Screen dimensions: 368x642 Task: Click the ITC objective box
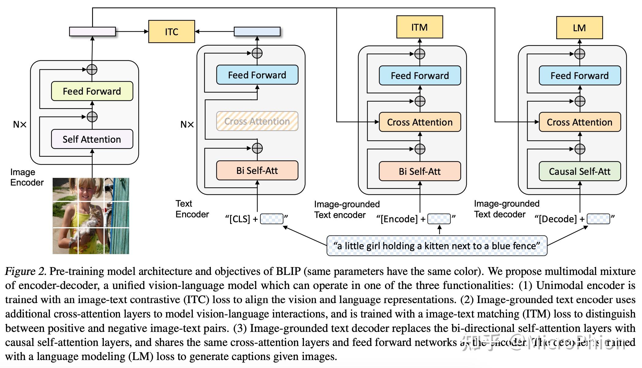pos(171,32)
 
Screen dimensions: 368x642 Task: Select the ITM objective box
pos(419,27)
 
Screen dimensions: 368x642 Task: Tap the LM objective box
pos(579,28)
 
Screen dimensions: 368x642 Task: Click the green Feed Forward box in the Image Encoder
pos(92,91)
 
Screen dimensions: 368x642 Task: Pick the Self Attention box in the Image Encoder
pos(92,139)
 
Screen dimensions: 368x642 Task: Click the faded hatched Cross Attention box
pos(257,121)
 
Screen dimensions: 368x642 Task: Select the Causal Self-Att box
pos(580,171)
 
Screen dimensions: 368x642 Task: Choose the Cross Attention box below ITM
pos(420,122)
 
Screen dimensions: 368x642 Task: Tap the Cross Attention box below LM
pos(580,122)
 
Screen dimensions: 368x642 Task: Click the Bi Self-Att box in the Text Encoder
pos(257,171)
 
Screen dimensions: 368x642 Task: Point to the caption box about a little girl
pos(437,246)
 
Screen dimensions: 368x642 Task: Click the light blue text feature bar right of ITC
pos(257,32)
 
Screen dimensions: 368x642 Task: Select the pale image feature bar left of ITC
pos(92,32)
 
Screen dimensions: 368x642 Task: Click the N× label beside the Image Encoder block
pos(20,125)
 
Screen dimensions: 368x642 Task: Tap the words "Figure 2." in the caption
pos(26,272)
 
